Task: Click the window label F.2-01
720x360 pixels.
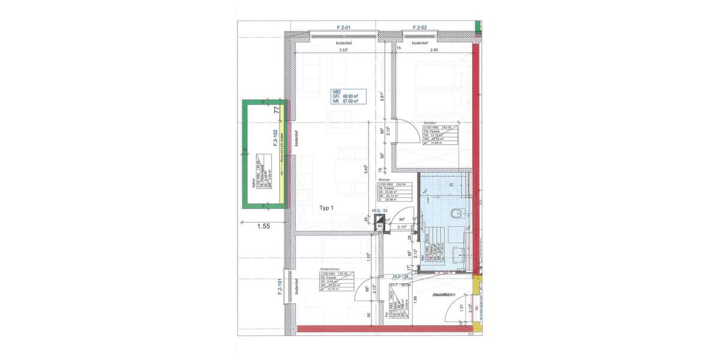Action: [343, 28]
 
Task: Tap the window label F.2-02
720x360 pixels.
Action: [419, 28]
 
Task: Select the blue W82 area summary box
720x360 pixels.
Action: [345, 97]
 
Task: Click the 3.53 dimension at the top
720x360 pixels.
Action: [343, 50]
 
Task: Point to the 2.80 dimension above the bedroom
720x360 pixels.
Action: [434, 50]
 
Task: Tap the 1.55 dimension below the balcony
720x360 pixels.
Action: [264, 227]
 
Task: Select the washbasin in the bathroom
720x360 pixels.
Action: [459, 255]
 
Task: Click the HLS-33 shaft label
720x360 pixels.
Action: [380, 211]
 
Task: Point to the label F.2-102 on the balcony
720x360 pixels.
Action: [274, 139]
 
